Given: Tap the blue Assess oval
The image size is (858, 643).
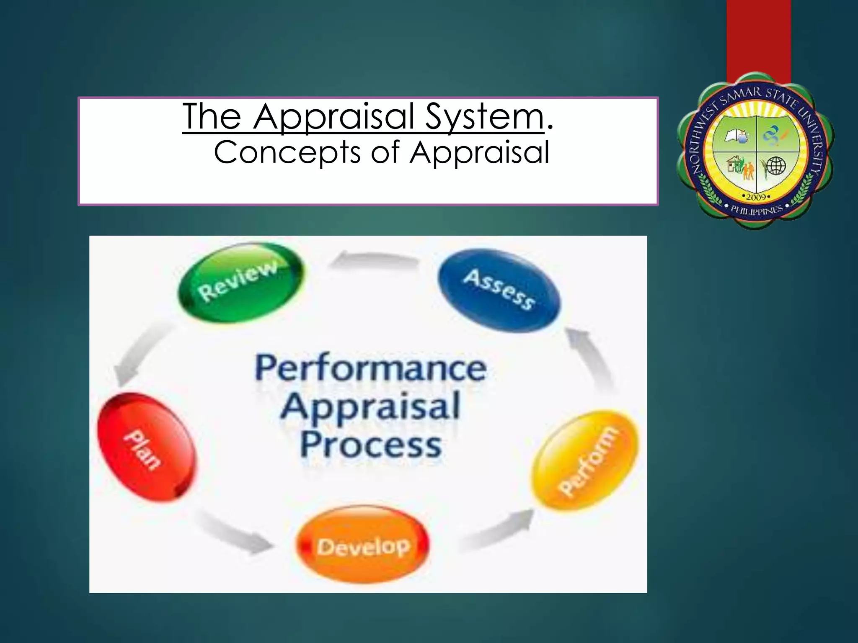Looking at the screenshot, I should (499, 290).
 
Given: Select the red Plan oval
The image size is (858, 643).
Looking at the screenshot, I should (146, 447).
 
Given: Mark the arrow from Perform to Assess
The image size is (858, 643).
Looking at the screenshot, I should (593, 360).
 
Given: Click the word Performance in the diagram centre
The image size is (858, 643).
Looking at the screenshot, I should (371, 368).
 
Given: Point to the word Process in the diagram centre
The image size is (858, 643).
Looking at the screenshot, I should (371, 445).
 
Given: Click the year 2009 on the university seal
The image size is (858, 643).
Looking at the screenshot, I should (756, 196).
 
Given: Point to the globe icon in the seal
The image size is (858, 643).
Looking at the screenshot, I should (775, 166).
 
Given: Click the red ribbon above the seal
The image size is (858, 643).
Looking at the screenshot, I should (758, 38).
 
